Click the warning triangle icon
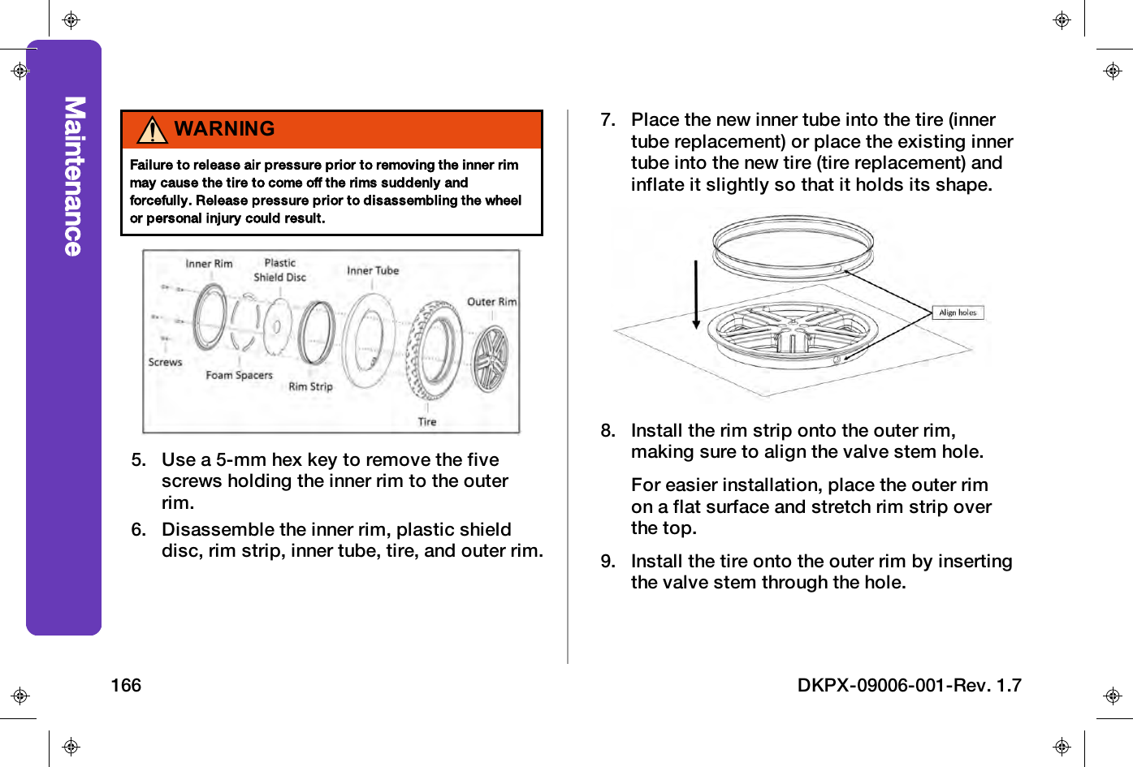pos(153,130)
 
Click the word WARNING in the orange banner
pos(224,129)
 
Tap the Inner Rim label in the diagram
pos(209,264)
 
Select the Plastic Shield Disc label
pos(279,270)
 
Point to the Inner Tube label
pos(373,271)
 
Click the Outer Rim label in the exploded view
pos(491,302)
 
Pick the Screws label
pos(165,363)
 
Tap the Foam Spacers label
pos(239,376)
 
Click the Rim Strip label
pos(310,387)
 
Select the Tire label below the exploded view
pos(427,422)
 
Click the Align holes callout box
pos(958,312)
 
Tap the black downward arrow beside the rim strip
pos(696,295)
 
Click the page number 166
pos(126,686)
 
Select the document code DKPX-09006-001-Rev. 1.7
pos(909,686)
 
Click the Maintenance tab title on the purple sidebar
pos(74,176)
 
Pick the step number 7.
pos(608,120)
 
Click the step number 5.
pos(138,460)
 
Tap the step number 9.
pos(608,562)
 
